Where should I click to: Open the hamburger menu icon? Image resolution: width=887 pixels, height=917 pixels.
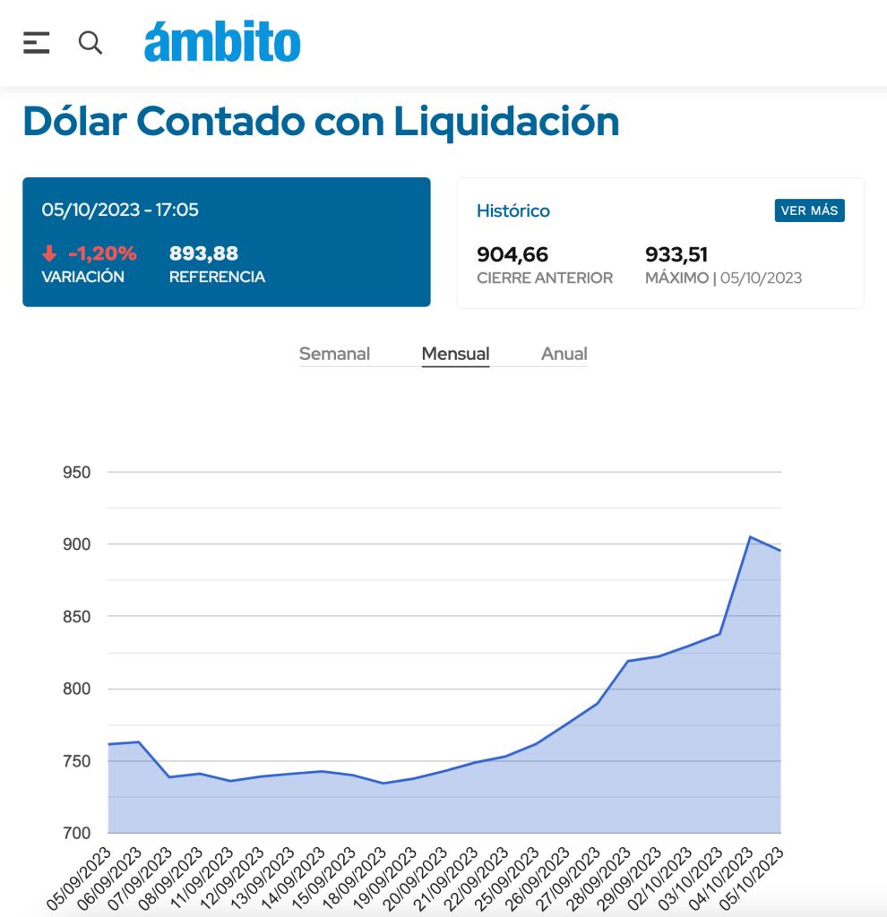pyautogui.click(x=36, y=42)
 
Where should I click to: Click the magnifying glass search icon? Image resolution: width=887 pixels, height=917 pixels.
pyautogui.click(x=90, y=42)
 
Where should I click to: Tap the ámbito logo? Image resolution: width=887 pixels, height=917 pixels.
pyautogui.click(x=222, y=42)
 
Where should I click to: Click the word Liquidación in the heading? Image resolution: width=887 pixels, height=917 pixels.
pyautogui.click(x=506, y=121)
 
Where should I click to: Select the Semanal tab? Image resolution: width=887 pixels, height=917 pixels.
pyautogui.click(x=334, y=354)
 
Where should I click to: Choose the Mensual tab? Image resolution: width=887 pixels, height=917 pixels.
pyautogui.click(x=455, y=354)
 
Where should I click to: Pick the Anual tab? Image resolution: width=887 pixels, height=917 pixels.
pyautogui.click(x=564, y=354)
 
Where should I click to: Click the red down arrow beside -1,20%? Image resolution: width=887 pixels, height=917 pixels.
pyautogui.click(x=49, y=254)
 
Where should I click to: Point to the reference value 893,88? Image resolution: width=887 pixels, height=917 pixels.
pyautogui.click(x=204, y=253)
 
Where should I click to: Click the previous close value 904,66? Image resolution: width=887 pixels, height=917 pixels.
pyautogui.click(x=512, y=254)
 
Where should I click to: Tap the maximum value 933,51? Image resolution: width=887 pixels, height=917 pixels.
pyautogui.click(x=676, y=254)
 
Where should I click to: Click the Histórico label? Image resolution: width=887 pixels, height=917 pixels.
pyautogui.click(x=513, y=211)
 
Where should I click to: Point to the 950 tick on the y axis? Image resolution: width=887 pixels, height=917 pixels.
pyautogui.click(x=76, y=472)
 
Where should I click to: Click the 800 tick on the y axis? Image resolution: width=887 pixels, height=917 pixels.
pyautogui.click(x=76, y=689)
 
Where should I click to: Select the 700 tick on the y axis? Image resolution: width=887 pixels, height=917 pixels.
pyautogui.click(x=76, y=833)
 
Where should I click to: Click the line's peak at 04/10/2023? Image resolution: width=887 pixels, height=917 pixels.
pyautogui.click(x=750, y=537)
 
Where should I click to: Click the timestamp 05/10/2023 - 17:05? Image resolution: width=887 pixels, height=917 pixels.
pyautogui.click(x=120, y=210)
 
